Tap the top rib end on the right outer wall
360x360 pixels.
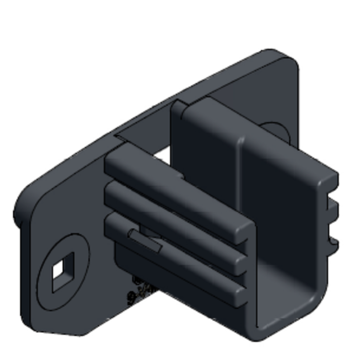tap(332, 180)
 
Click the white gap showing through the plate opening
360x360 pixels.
tap(162, 149)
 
